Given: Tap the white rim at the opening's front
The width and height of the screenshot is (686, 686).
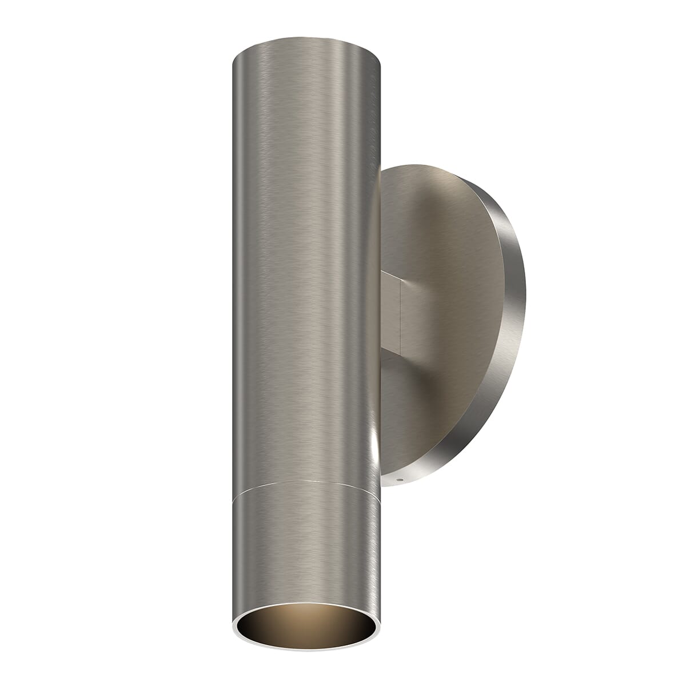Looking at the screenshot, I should (306, 650).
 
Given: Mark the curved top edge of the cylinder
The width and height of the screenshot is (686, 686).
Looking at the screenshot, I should (306, 40).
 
